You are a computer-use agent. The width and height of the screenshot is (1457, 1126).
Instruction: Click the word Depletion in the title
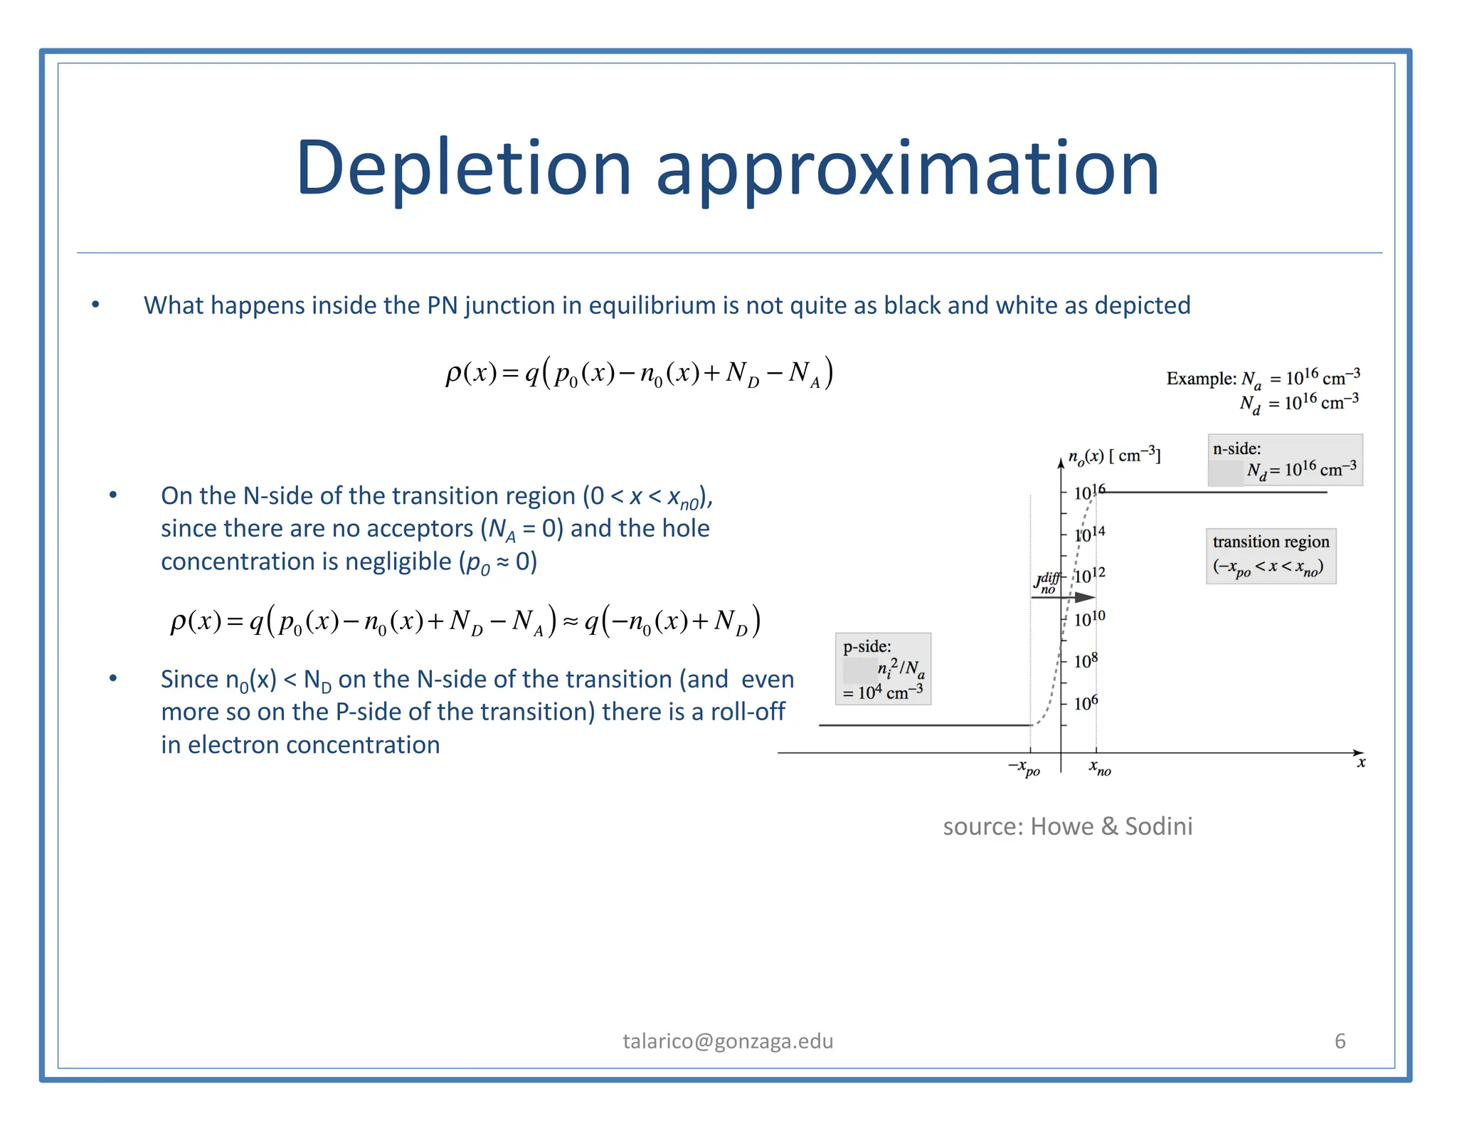pyautogui.click(x=463, y=169)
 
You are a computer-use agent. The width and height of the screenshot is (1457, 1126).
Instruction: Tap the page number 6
pyautogui.click(x=1340, y=1041)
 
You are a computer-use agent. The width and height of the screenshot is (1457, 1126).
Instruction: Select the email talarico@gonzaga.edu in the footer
pyautogui.click(x=728, y=1041)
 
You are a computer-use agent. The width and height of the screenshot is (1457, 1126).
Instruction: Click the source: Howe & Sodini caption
pyautogui.click(x=1067, y=826)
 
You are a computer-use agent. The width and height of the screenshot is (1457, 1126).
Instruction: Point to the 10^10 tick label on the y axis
pyautogui.click(x=1089, y=619)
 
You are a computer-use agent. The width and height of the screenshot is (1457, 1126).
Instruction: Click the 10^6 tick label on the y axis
pyautogui.click(x=1086, y=703)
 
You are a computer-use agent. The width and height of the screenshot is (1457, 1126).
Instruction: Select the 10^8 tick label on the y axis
pyautogui.click(x=1086, y=661)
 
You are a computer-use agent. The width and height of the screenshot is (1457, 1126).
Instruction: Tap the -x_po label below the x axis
pyautogui.click(x=1024, y=768)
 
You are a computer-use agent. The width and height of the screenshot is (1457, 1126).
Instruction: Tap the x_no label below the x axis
pyautogui.click(x=1100, y=768)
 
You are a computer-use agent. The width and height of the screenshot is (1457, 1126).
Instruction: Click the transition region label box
pyautogui.click(x=1271, y=556)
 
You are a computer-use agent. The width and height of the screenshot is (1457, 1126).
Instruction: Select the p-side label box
pyautogui.click(x=883, y=668)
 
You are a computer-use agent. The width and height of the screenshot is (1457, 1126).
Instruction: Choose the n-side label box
pyautogui.click(x=1285, y=460)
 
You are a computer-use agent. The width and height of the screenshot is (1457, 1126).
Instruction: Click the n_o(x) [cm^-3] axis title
pyautogui.click(x=1114, y=456)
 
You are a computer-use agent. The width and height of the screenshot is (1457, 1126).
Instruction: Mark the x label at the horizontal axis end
pyautogui.click(x=1361, y=763)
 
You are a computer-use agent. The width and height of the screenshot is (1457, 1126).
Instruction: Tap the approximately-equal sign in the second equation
pyautogui.click(x=570, y=622)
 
